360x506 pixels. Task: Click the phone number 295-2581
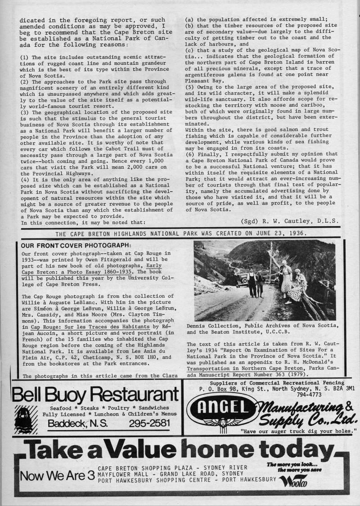(x=152, y=423)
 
